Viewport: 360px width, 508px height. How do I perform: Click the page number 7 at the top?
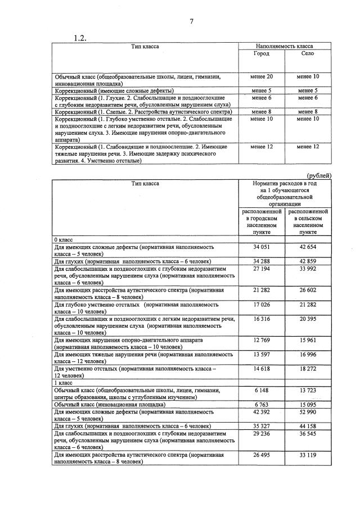coord(191,22)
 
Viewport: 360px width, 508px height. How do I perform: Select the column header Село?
coord(308,54)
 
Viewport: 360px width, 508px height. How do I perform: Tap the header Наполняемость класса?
coord(285,46)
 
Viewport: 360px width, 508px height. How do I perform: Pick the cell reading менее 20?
coord(262,76)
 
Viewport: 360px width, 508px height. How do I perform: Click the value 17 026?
coord(262,305)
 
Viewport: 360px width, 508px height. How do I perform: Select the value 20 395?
coord(308,319)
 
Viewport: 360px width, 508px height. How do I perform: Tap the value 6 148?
coord(262,390)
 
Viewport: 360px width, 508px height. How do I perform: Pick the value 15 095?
coord(308,403)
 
